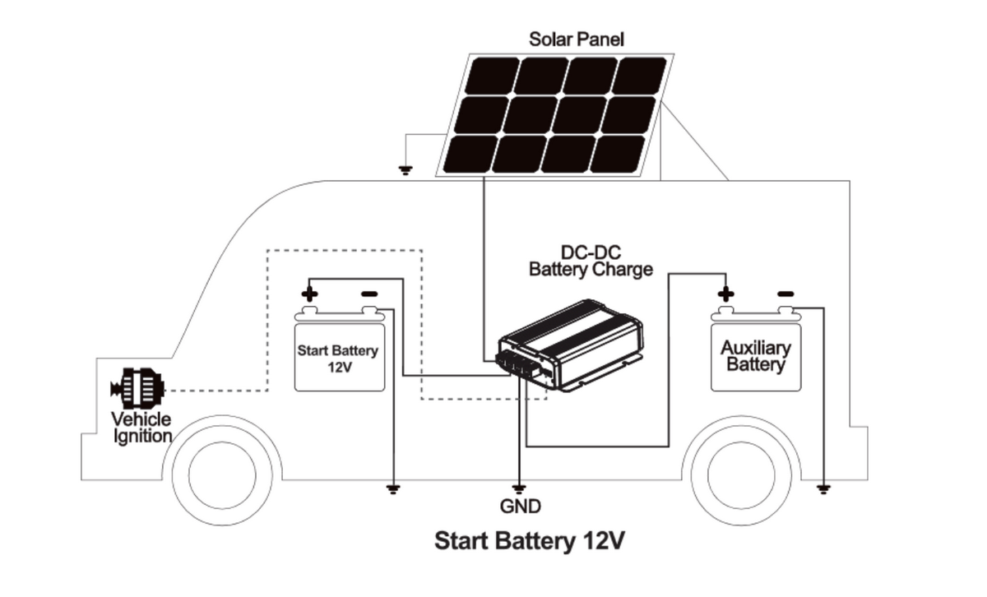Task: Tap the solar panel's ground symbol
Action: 405,171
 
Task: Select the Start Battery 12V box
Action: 339,359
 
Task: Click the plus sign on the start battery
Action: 308,294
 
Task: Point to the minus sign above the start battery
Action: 369,294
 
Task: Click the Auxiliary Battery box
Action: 756,357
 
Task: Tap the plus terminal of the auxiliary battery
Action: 725,294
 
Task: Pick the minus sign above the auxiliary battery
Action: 785,294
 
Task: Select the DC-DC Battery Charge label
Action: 591,261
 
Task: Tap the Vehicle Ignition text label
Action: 141,428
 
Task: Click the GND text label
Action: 520,507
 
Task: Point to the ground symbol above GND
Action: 519,488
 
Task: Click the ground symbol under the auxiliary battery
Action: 823,489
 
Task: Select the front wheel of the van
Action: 221,472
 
